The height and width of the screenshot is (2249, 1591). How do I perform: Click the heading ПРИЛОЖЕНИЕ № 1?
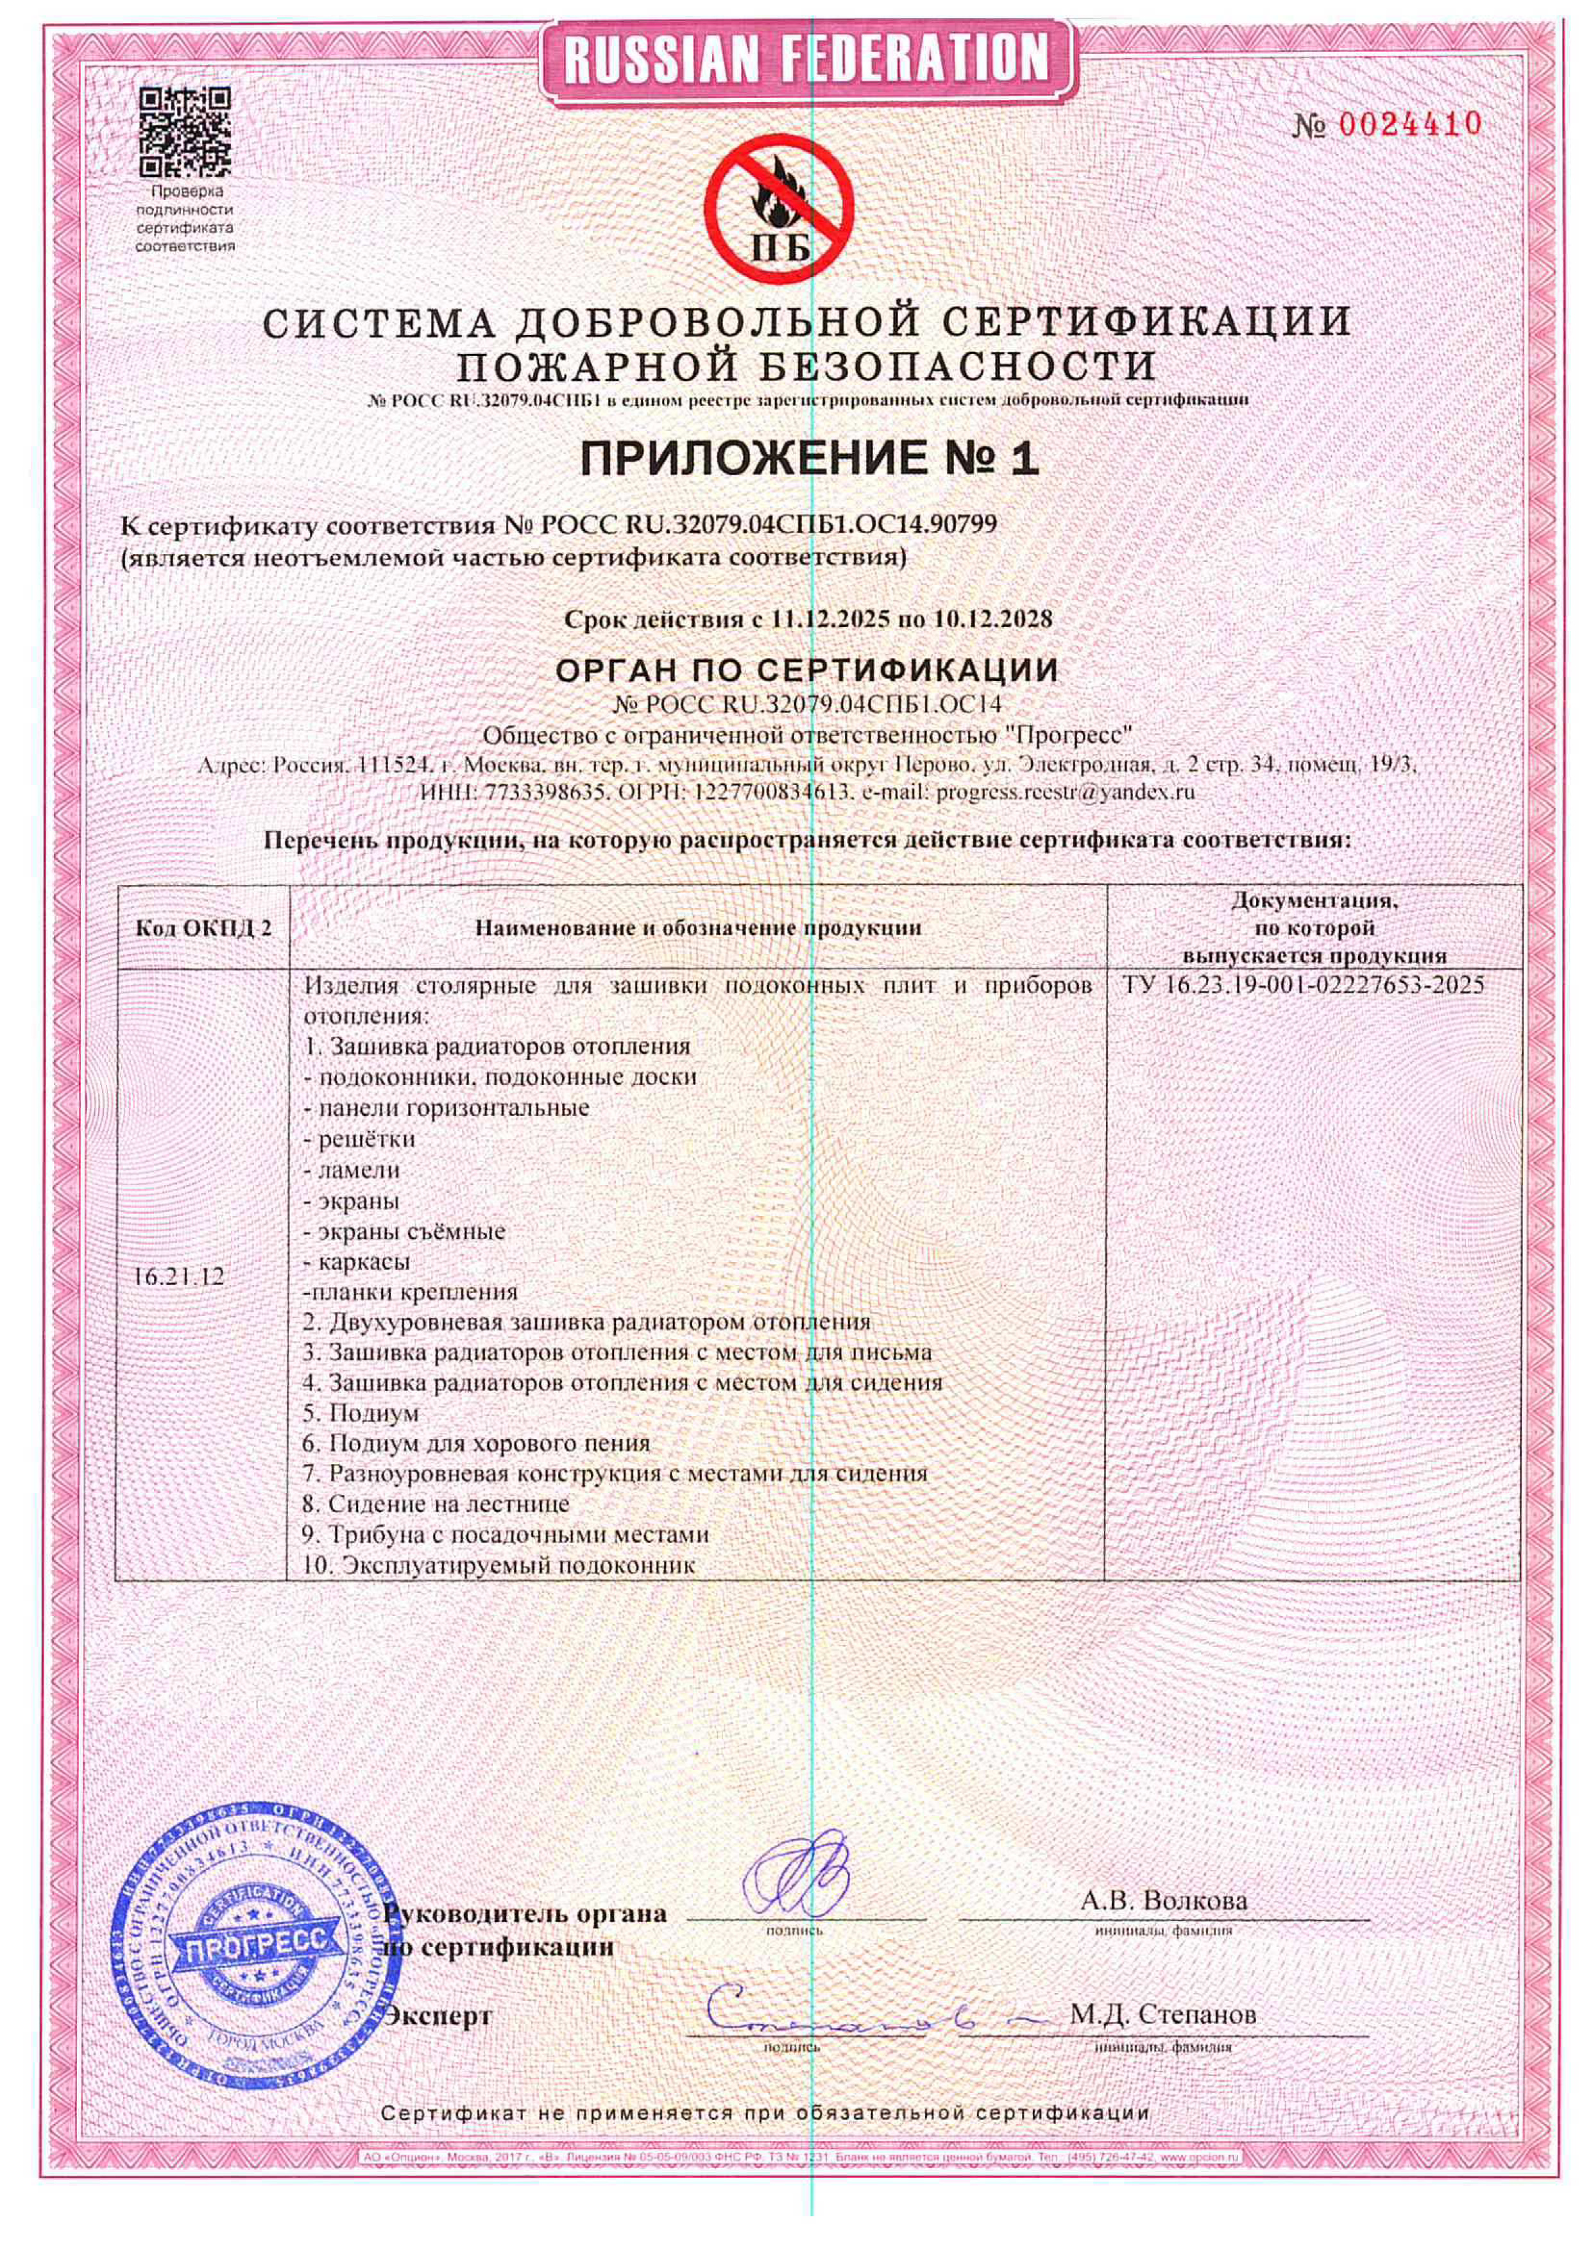point(809,459)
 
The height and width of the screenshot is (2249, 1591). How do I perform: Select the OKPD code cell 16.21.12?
point(178,1277)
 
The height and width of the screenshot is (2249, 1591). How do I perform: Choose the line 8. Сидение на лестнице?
point(437,1504)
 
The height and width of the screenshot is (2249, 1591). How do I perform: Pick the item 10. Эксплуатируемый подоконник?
point(500,1564)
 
